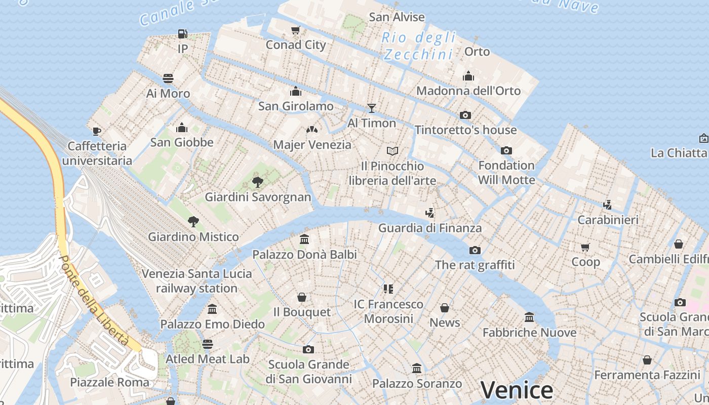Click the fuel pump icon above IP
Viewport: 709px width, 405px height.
pyautogui.click(x=183, y=34)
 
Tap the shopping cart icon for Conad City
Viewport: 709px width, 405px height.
pyautogui.click(x=296, y=30)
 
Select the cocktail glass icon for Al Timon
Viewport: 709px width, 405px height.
pyautogui.click(x=372, y=108)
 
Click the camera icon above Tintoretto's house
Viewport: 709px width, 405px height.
pyautogui.click(x=465, y=115)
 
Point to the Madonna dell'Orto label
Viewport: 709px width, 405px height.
pyautogui.click(x=468, y=91)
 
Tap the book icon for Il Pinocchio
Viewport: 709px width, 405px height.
pyautogui.click(x=392, y=151)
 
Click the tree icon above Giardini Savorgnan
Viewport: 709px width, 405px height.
pyautogui.click(x=258, y=182)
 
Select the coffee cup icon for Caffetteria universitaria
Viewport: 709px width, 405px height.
pyautogui.click(x=97, y=131)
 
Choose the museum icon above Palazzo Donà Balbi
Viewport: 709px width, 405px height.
pyautogui.click(x=304, y=239)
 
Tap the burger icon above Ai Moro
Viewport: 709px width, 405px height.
pyautogui.click(x=168, y=78)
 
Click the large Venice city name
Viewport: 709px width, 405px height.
pyautogui.click(x=517, y=390)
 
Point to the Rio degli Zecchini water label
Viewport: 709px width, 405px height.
pyautogui.click(x=419, y=46)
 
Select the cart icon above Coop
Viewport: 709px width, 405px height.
pyautogui.click(x=585, y=247)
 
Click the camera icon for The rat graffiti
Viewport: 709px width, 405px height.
pyautogui.click(x=475, y=250)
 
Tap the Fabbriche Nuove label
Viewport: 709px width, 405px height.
pyautogui.click(x=529, y=333)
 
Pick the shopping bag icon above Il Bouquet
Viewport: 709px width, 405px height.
pyautogui.click(x=302, y=297)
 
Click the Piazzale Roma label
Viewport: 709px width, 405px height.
pyautogui.click(x=110, y=382)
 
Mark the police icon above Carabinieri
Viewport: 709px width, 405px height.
pyautogui.click(x=608, y=205)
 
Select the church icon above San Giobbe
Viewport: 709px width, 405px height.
pyautogui.click(x=182, y=128)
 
